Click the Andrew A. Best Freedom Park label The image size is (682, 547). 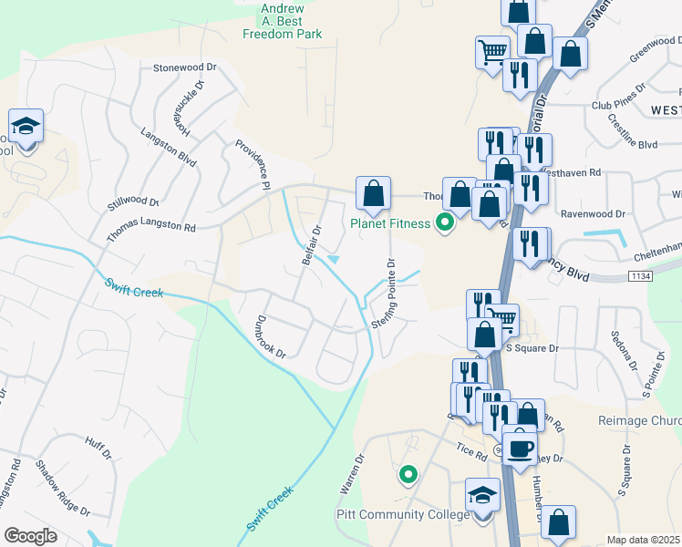pos(283,19)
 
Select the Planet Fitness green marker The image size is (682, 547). pos(446,222)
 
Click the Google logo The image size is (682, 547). pos(30,536)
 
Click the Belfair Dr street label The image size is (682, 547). pos(313,246)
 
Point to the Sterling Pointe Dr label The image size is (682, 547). pos(384,294)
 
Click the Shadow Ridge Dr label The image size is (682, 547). pos(62,489)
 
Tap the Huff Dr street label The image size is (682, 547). pos(98,449)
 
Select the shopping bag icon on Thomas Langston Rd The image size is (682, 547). pos(373,193)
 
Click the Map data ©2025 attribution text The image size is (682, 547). pos(644,540)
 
